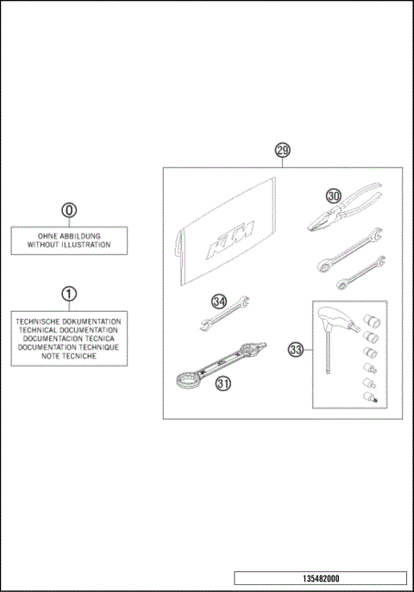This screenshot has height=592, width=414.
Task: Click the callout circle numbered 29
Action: coord(282,150)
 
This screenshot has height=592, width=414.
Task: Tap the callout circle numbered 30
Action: coord(334,196)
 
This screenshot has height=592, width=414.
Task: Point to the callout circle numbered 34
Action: coord(219,302)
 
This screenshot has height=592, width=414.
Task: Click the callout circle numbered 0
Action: coord(69,209)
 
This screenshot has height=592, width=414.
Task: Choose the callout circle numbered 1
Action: coord(69,293)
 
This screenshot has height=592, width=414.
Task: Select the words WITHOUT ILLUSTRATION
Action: coord(69,245)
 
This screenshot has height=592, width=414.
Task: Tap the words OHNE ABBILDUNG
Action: coord(69,235)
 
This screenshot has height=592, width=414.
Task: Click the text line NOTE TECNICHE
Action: coord(69,356)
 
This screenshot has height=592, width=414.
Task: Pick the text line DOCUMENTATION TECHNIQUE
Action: coord(69,347)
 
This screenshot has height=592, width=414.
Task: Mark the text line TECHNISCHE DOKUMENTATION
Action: coord(69,321)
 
